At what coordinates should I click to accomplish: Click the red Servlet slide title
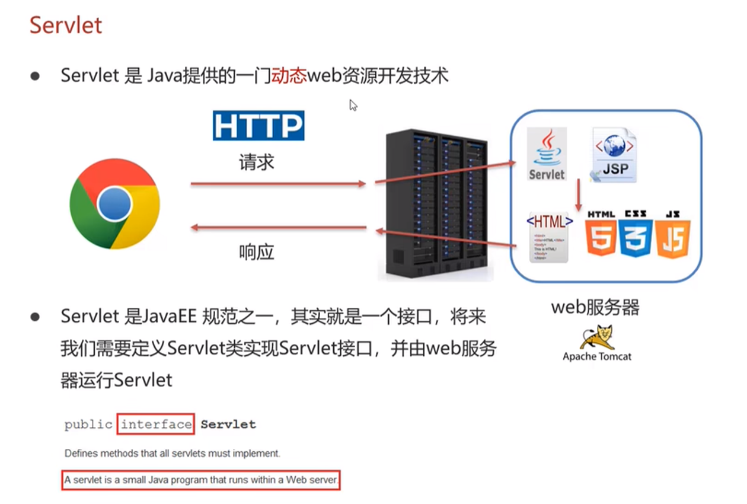(66, 25)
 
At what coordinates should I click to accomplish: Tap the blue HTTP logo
(258, 126)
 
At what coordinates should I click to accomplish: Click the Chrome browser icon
(114, 204)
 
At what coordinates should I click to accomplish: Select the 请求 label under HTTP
(256, 162)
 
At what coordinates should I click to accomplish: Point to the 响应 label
(256, 253)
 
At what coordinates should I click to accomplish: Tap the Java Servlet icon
(547, 154)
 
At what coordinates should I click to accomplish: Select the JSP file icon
(614, 154)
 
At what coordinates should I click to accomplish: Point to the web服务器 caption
(595, 308)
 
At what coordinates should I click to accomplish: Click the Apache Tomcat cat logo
(596, 337)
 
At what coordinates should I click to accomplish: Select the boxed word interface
(157, 425)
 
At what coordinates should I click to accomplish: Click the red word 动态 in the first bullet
(288, 76)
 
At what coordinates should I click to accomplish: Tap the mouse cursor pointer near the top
(353, 106)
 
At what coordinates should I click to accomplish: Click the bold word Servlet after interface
(228, 425)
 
